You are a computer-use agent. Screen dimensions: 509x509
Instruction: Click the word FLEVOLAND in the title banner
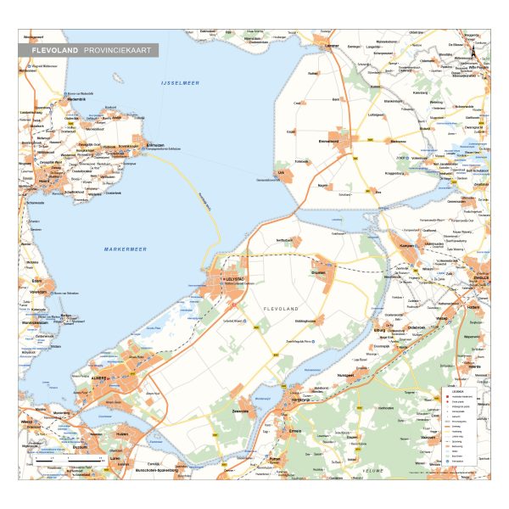point(55,51)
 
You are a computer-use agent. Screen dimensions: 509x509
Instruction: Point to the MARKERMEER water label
point(126,249)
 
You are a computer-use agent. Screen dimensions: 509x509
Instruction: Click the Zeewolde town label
point(240,411)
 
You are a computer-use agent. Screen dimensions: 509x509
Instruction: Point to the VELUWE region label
point(373,472)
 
